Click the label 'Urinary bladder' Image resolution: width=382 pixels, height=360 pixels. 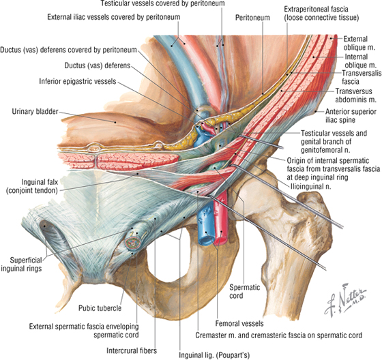[x=35, y=112]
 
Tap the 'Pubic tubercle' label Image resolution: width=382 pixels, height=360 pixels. [x=100, y=308]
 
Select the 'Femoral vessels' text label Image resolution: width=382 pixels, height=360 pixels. [x=239, y=323]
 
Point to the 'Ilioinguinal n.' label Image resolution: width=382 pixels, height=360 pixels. [x=311, y=186]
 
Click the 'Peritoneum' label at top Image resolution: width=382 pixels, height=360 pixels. [x=252, y=18]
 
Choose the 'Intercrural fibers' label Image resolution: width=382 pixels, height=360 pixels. [x=132, y=350]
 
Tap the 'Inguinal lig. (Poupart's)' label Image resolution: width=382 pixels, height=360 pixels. [x=214, y=355]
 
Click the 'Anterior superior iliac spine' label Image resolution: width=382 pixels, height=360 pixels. [x=351, y=116]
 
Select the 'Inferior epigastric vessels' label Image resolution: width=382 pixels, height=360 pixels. [x=78, y=81]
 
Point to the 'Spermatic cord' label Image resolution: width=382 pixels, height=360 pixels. [x=245, y=291]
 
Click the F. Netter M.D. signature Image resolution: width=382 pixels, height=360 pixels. [x=345, y=299]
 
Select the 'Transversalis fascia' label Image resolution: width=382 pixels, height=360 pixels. [x=360, y=77]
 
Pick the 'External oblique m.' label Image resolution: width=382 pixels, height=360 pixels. [x=359, y=43]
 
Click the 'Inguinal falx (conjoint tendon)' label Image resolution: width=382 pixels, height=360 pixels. [x=32, y=186]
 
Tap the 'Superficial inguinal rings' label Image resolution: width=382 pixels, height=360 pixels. [x=21, y=265]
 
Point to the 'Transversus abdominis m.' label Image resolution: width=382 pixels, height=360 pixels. [x=355, y=95]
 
